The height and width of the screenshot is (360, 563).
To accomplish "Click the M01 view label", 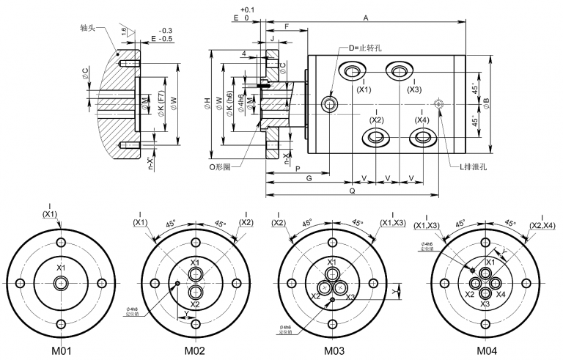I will click(61, 350).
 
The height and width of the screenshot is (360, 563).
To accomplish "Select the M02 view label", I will click(194, 350).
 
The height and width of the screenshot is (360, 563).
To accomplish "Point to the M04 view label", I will click(485, 350).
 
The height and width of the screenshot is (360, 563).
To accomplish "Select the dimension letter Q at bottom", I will click(353, 190).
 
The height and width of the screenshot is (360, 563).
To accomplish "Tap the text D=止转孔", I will click(365, 48).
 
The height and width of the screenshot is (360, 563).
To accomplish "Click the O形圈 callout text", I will click(220, 166).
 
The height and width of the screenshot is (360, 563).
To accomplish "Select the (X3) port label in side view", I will click(414, 89).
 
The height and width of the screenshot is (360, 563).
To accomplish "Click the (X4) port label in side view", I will click(422, 120).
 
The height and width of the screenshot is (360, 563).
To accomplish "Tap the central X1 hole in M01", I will click(61, 283).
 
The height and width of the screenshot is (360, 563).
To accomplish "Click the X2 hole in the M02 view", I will click(195, 293).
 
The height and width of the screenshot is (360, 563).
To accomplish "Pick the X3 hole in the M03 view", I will click(339, 288).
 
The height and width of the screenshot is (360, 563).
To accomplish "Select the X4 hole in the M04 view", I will click(494, 284).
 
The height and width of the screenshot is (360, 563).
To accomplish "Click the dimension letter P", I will click(298, 168).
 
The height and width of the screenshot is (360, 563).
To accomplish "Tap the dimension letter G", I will click(309, 178).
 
